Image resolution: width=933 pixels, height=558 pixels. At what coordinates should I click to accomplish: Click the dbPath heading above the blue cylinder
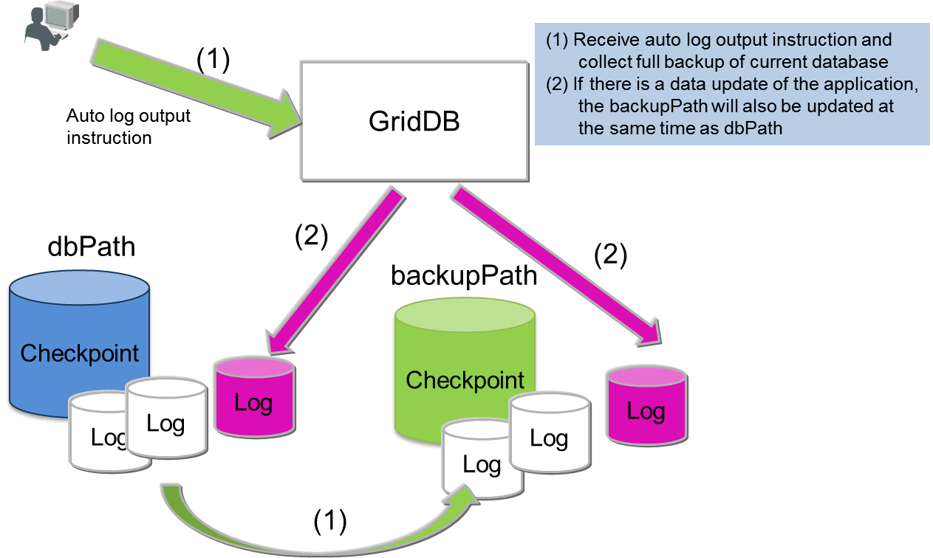coord(92,246)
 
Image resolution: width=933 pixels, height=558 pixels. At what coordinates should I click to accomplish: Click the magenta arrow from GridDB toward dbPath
coord(332,273)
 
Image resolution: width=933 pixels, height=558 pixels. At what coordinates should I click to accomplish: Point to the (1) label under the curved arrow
coord(330,521)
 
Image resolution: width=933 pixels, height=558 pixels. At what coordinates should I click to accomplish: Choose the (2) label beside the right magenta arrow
coord(610,255)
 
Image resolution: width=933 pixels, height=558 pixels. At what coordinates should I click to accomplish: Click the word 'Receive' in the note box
coord(599,40)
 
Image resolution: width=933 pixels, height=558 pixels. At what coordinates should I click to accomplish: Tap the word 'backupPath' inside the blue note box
coord(642,106)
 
